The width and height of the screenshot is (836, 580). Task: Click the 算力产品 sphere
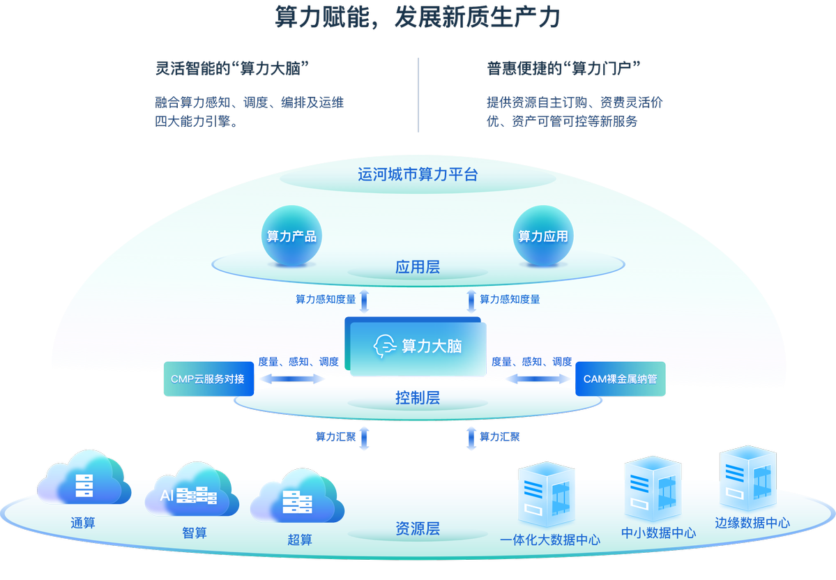point(291,236)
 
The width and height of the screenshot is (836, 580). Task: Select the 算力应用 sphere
point(542,236)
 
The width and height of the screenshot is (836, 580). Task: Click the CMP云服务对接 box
point(199,379)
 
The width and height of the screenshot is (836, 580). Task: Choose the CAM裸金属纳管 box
point(620,379)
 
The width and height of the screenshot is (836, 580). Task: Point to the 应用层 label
point(417,267)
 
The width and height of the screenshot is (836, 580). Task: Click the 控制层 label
point(417,398)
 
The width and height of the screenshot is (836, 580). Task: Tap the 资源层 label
point(417,528)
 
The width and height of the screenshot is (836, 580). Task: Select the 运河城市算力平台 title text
point(418,174)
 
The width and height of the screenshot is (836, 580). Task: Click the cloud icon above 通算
point(83,480)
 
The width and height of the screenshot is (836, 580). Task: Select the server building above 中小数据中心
point(653,488)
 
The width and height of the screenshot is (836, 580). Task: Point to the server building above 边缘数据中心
point(747,478)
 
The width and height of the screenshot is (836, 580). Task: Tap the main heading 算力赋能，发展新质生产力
point(418,17)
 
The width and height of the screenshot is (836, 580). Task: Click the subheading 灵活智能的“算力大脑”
point(232,68)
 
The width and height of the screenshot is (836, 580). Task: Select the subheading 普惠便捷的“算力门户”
point(563,68)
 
